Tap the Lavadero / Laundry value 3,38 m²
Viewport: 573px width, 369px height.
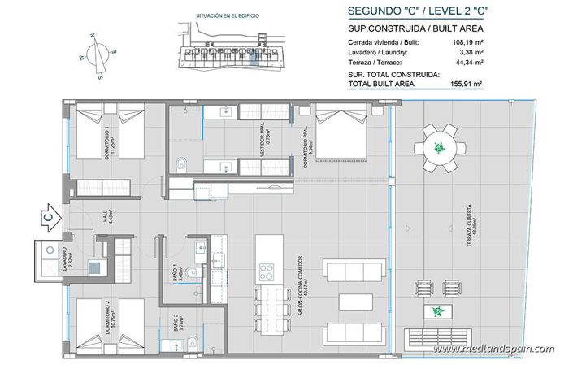[x=469, y=51]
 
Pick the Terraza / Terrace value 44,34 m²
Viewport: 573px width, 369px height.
[x=467, y=62]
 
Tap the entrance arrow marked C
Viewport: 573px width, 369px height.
[x=48, y=218]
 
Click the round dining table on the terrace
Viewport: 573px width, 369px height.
[x=439, y=149]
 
